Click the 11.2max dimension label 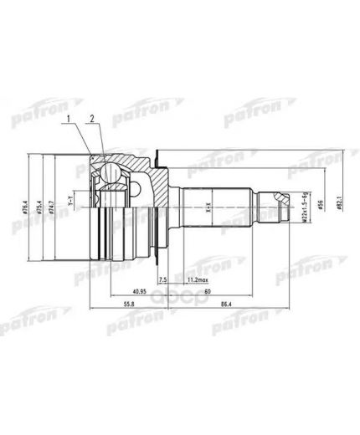pos(198,279)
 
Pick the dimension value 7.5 pos(162,279)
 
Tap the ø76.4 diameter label pos(30,203)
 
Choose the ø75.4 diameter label pos(42,203)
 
